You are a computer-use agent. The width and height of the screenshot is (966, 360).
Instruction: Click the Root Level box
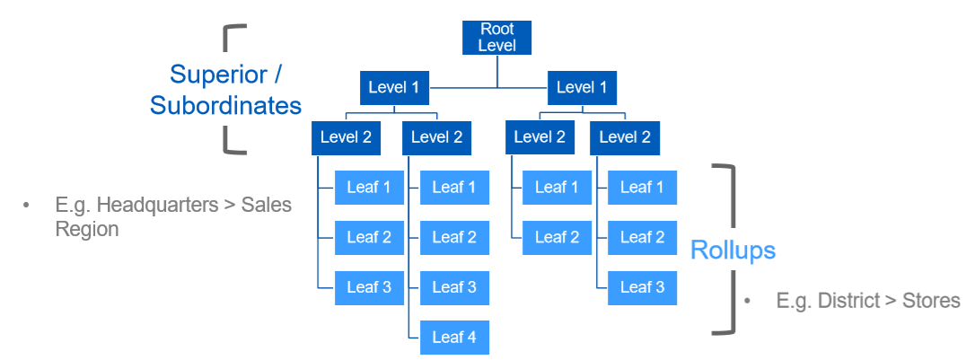(496, 37)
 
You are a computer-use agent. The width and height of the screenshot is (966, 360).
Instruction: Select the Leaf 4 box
(454, 338)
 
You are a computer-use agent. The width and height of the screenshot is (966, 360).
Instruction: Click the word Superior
(219, 75)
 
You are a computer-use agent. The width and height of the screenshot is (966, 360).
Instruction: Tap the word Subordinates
(225, 105)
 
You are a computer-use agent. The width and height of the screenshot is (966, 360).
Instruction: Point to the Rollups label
(733, 250)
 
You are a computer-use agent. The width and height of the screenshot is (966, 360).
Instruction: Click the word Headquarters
(158, 205)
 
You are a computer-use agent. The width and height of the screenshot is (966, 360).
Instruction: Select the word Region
(87, 229)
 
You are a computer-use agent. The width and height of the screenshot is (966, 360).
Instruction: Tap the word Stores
(931, 301)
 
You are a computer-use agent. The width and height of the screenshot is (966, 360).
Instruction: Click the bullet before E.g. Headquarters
(26, 206)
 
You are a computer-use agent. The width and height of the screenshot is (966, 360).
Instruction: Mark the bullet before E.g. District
(747, 302)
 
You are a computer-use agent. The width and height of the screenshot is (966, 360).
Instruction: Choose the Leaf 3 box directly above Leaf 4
(454, 287)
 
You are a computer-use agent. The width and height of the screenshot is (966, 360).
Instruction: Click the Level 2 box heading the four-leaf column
(437, 137)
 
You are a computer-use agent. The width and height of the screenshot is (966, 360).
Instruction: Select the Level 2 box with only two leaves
(540, 137)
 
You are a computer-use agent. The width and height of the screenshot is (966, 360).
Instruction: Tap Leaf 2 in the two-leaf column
(557, 237)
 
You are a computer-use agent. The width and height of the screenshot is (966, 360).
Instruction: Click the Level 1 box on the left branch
(394, 88)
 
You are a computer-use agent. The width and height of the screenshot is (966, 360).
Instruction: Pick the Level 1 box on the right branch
(582, 88)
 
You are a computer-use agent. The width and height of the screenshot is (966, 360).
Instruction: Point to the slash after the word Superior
(277, 75)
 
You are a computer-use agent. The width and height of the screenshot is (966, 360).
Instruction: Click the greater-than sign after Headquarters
(230, 206)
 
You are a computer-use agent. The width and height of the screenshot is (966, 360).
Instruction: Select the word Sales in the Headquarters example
(266, 205)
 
